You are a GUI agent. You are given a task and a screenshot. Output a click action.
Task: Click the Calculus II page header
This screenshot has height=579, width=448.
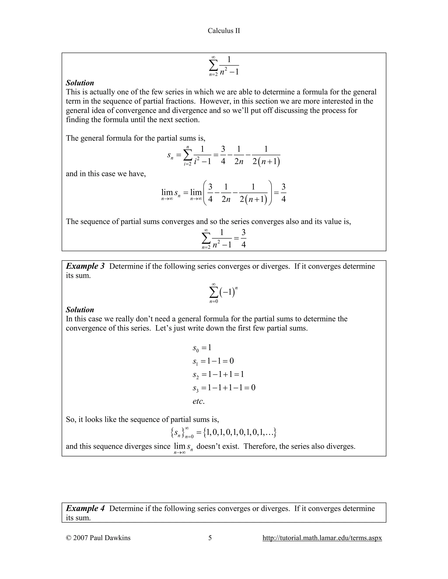(224, 31)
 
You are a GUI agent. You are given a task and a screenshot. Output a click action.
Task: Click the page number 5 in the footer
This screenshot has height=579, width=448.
(210, 538)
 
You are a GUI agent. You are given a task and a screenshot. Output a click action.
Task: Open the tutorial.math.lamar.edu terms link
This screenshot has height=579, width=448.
(322, 538)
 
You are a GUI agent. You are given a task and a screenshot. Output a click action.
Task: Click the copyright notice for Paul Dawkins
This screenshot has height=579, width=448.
(98, 538)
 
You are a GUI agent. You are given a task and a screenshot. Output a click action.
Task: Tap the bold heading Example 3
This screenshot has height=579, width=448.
(85, 266)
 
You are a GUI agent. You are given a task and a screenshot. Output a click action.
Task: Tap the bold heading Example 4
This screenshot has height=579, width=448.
(85, 508)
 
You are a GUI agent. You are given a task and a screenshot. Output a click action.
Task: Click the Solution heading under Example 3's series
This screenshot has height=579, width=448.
(80, 310)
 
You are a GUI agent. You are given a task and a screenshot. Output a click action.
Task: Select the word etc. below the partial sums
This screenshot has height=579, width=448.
(199, 401)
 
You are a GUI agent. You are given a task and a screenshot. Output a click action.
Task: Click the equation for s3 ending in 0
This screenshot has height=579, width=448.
(224, 388)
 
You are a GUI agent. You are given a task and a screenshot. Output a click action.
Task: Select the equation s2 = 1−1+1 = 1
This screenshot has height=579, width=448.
(218, 374)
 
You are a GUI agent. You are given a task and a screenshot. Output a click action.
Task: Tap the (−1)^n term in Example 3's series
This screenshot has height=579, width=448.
(228, 292)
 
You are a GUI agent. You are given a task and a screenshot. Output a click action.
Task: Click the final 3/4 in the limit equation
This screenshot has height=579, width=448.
(283, 193)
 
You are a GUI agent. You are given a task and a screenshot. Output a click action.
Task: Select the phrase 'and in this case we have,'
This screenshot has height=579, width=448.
(106, 174)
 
